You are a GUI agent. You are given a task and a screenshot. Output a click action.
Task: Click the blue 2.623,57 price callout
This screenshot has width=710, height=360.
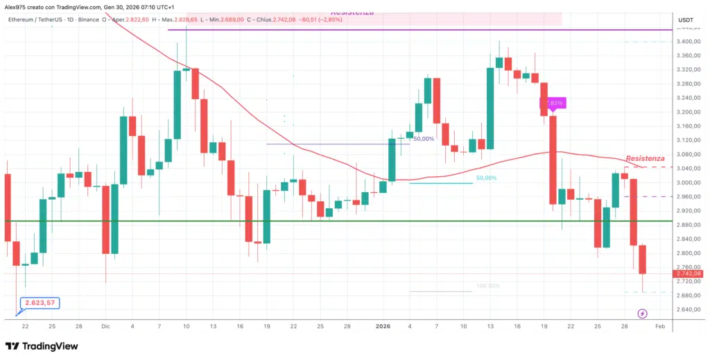(x=40, y=303)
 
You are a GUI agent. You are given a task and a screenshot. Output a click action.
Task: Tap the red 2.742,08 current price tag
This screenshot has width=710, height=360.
(x=689, y=274)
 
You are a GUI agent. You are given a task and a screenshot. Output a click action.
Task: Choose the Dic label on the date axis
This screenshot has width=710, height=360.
(x=105, y=325)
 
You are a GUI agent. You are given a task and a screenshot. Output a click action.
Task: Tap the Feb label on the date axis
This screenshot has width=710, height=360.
(x=660, y=325)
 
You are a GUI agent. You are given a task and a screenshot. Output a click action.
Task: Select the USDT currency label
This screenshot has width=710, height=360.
(x=685, y=20)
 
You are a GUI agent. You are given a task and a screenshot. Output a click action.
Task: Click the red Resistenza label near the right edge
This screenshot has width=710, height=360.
(x=645, y=159)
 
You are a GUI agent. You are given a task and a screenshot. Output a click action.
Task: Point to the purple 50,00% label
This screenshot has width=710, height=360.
(x=424, y=139)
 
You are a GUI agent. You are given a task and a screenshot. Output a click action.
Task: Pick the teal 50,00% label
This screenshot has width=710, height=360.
(x=486, y=178)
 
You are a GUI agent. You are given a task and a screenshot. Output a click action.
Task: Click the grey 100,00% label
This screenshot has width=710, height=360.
(x=487, y=286)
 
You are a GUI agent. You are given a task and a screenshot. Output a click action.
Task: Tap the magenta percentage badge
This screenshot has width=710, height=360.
(x=554, y=103)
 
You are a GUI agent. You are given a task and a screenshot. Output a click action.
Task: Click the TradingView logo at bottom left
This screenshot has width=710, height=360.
(x=42, y=346)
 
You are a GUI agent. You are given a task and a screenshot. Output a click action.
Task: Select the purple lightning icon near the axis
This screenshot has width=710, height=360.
(x=642, y=314)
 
